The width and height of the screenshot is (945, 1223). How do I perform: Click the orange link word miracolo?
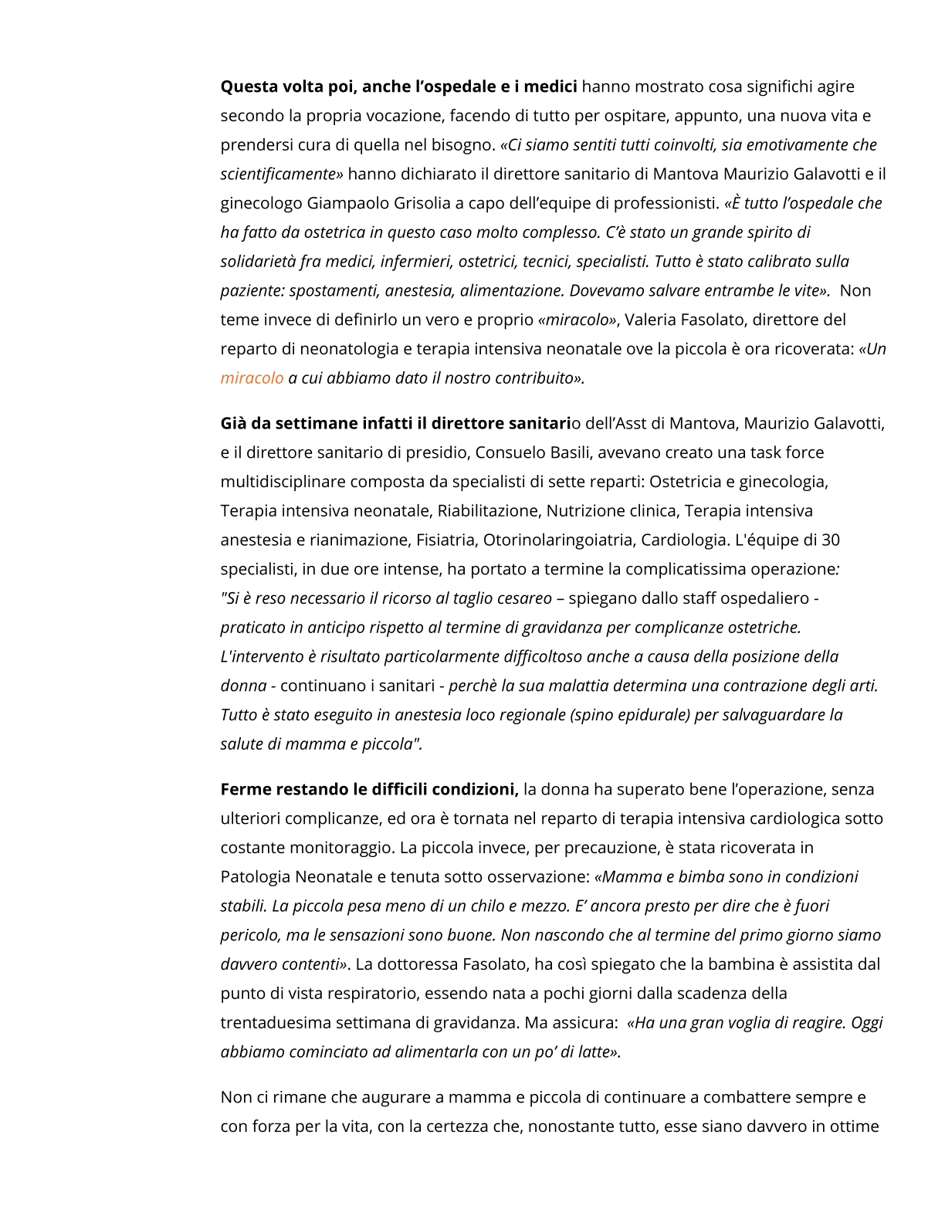tap(252, 378)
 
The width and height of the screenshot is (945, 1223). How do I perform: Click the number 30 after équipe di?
tap(831, 540)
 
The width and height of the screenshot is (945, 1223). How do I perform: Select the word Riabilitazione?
tap(488, 511)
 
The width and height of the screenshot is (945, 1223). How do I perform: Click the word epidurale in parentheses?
tap(651, 715)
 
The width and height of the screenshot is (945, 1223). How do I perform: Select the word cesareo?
tap(524, 598)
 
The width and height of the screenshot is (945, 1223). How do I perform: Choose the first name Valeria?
tap(650, 320)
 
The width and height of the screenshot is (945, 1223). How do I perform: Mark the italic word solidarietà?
tap(259, 262)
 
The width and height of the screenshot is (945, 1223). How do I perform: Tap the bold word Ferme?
tap(245, 789)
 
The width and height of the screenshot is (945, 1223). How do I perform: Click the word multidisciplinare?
tap(283, 482)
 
